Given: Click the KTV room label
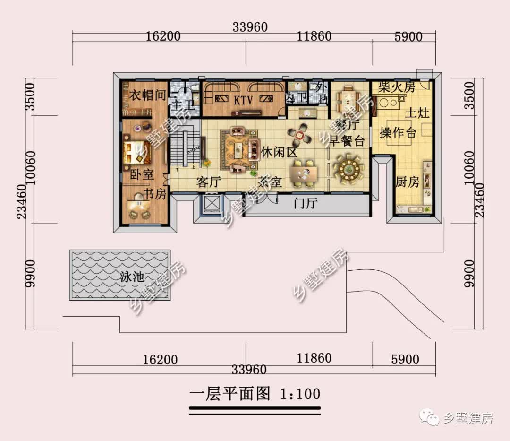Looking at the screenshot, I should (244, 100).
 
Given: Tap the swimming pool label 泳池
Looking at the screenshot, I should (132, 277).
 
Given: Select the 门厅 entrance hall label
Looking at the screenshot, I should (305, 204).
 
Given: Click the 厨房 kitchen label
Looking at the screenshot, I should (408, 182).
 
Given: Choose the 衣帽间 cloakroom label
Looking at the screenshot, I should (148, 95).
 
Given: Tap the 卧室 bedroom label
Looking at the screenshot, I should (142, 174).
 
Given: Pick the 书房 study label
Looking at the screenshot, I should (154, 194).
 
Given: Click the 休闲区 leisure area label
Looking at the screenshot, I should (279, 152).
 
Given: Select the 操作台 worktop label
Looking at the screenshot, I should (398, 133).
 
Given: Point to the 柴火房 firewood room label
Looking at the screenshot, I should (397, 86).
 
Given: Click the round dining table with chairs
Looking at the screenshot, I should (349, 168).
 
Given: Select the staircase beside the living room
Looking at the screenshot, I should (181, 147).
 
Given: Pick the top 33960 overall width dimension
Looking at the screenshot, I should (250, 27).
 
